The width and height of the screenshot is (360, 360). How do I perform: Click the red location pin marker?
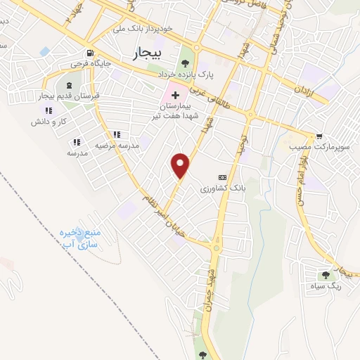coord(181,165)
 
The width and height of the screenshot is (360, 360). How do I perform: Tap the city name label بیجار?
coord(147,53)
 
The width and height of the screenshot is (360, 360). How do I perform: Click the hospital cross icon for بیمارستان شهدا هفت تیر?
coord(175,93)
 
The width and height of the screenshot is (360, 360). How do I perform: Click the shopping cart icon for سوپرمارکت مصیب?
coord(320,136)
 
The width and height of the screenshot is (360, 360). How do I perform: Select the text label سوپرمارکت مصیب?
coord(309,149)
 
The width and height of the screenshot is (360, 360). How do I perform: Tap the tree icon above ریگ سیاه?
coord(326,274)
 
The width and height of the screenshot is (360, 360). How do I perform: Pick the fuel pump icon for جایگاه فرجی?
coord(89,53)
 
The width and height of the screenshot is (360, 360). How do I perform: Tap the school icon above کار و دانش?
coord(48,110)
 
